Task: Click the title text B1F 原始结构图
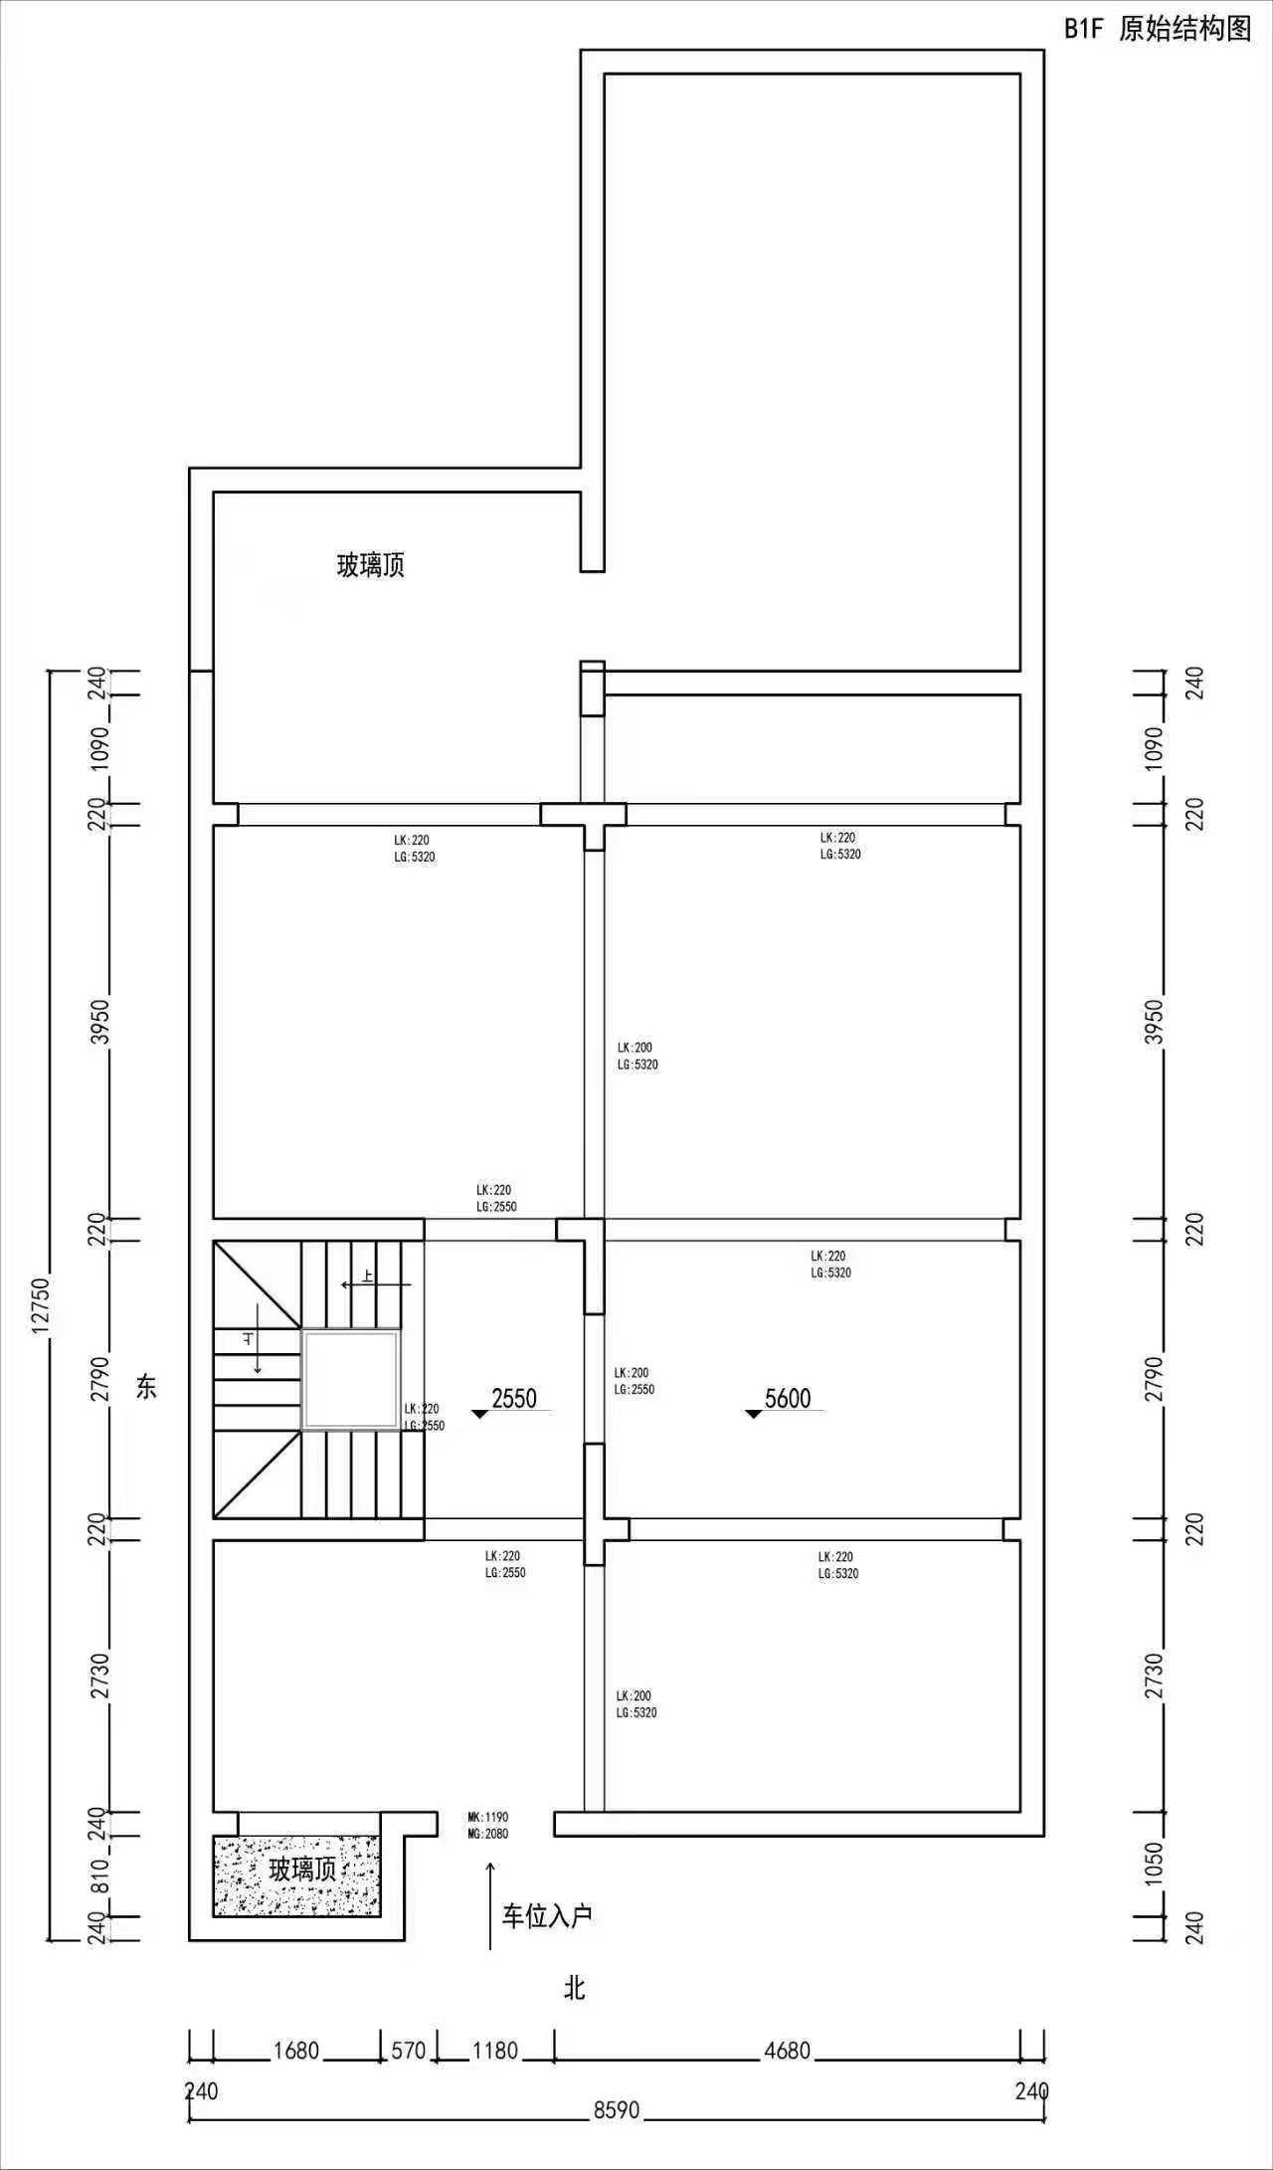pos(1158,29)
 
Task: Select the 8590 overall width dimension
pos(617,2110)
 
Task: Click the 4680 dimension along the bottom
pos(787,2050)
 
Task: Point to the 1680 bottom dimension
pos(296,2050)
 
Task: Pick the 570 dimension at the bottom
pos(409,2050)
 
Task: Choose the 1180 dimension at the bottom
pos(494,2050)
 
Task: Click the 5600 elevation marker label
pos(788,1398)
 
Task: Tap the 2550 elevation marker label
pos(514,1398)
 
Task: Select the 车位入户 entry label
pos(547,1915)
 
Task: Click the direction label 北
pos(575,1988)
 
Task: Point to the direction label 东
pos(146,1386)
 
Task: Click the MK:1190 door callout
pos(488,1817)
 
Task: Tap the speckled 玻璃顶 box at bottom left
pos(296,1875)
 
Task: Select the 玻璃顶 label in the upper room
pos(371,566)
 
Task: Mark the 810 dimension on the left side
pos(100,1875)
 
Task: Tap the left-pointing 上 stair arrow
pos(376,1284)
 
